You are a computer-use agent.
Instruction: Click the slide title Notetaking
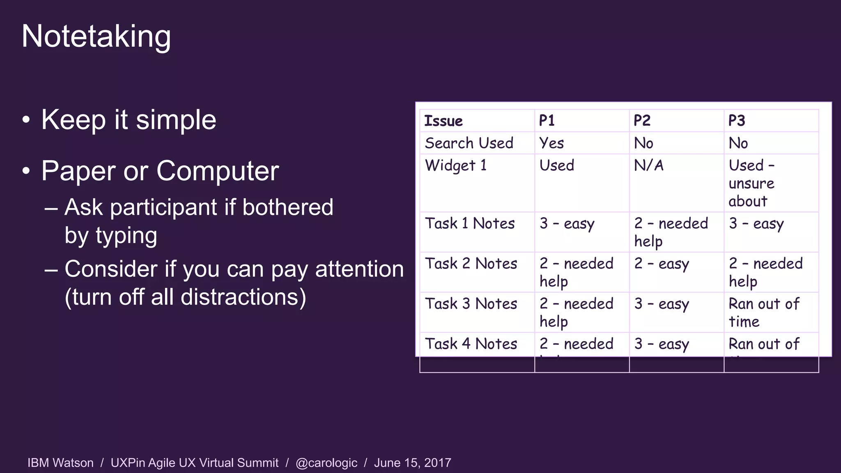click(96, 37)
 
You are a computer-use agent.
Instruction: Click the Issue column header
click(443, 121)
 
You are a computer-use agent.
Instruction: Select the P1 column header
click(547, 121)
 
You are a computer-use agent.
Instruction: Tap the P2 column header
click(642, 121)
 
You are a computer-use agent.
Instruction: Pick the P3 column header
click(737, 121)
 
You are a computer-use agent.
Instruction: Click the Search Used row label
click(469, 143)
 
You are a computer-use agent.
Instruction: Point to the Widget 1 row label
click(456, 165)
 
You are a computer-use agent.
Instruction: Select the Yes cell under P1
click(551, 143)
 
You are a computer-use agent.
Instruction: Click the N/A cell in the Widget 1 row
click(649, 165)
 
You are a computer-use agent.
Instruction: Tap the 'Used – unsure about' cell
click(751, 183)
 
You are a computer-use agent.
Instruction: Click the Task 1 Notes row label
click(470, 223)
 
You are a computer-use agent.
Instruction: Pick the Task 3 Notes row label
click(471, 304)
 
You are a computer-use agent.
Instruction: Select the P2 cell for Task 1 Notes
click(671, 232)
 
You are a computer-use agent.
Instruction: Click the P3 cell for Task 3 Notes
click(764, 312)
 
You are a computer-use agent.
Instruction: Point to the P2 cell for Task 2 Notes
click(662, 264)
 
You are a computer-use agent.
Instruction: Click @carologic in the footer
click(326, 463)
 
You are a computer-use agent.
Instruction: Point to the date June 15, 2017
click(412, 463)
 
